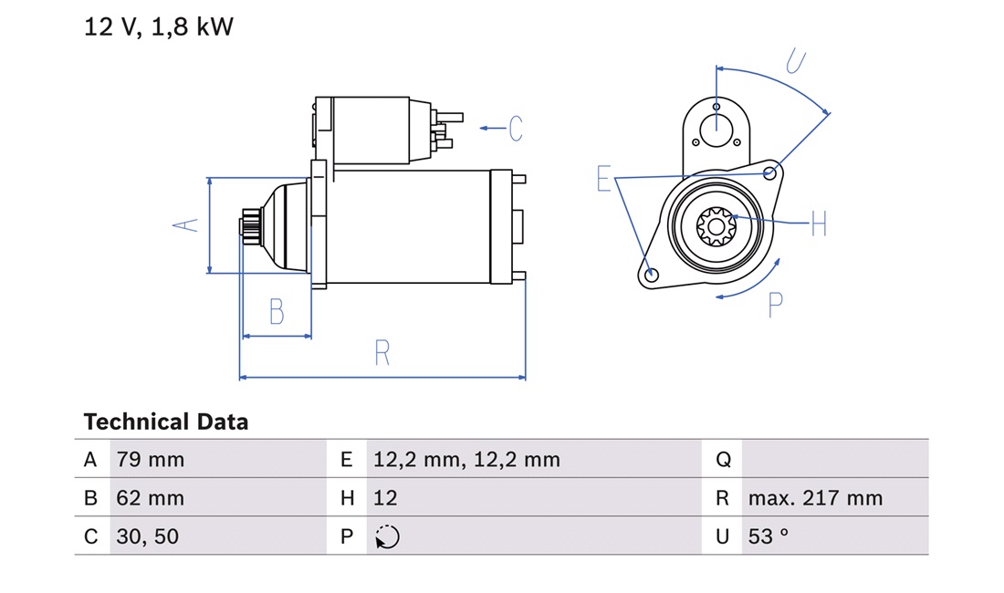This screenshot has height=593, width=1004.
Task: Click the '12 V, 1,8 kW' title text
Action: tap(159, 26)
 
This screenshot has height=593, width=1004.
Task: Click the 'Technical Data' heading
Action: tap(166, 421)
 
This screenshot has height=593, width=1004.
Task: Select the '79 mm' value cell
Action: tap(151, 459)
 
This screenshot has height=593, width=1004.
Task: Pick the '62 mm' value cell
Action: tap(151, 498)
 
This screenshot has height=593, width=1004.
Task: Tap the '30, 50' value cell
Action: tap(147, 536)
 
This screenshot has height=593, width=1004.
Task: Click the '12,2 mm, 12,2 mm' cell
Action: tap(466, 459)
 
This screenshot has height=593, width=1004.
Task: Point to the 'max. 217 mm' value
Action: tap(815, 498)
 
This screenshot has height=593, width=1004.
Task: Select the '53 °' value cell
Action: tap(769, 536)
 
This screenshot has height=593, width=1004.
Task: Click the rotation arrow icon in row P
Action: tap(387, 536)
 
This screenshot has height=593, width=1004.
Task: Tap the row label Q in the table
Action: tap(723, 459)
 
